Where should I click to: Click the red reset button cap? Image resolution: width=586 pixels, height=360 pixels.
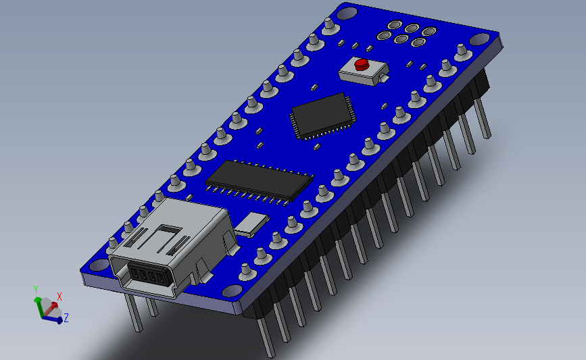click(x=362, y=65)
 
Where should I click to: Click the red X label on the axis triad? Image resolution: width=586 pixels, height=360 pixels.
click(x=59, y=296)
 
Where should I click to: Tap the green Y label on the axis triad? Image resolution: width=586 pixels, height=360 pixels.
click(x=35, y=290)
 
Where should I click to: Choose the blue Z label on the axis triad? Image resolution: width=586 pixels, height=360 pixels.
click(x=66, y=317)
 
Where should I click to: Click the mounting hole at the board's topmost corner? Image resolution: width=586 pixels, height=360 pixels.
click(x=347, y=12)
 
